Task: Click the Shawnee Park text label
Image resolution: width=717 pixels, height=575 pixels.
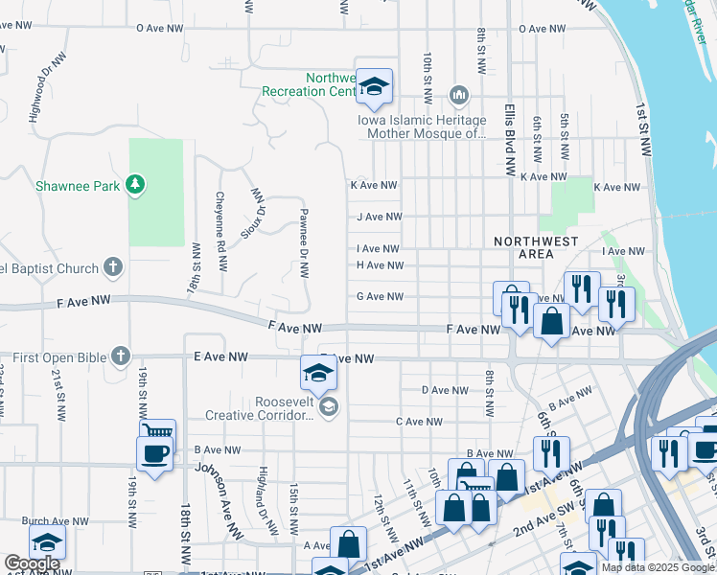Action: [x=79, y=186]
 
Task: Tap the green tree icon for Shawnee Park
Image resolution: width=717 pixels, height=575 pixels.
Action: [x=136, y=184]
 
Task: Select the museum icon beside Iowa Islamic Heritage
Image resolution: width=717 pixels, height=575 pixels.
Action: [x=458, y=95]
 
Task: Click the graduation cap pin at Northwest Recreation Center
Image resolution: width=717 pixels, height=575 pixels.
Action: [x=375, y=87]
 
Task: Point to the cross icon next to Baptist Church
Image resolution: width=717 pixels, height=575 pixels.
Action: [x=113, y=266]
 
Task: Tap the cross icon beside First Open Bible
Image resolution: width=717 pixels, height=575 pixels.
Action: [x=120, y=356]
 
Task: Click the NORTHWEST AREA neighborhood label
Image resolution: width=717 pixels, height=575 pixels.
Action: [x=536, y=247]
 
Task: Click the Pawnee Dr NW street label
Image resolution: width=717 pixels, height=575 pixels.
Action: [x=304, y=243]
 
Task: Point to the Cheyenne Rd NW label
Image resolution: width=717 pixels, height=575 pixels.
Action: [x=220, y=222]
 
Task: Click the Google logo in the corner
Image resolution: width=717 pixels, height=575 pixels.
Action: [x=32, y=563]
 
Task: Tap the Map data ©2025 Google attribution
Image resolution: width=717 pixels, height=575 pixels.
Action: [x=657, y=567]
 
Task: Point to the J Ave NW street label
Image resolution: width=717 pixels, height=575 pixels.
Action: [x=377, y=218]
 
